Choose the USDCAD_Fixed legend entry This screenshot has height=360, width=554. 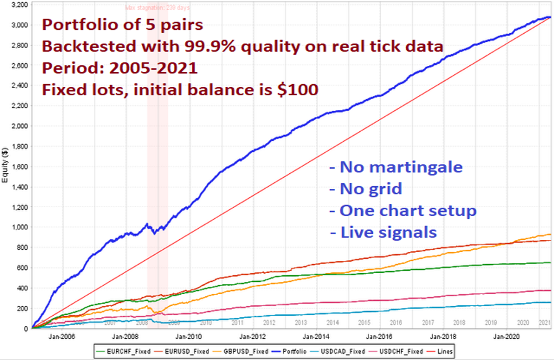pos(352,351)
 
